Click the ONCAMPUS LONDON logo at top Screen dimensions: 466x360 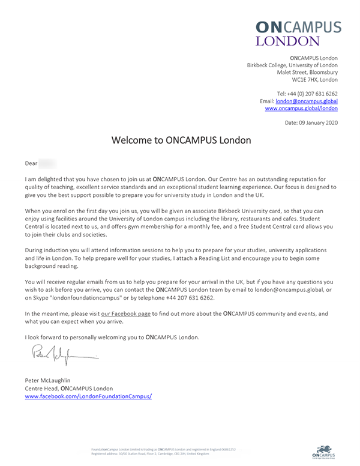298,33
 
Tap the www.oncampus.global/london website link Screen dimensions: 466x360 301,109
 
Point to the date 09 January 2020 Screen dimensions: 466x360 311,123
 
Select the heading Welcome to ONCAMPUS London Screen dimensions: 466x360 181,141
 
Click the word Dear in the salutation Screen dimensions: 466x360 31,163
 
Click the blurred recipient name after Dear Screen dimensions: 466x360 49,163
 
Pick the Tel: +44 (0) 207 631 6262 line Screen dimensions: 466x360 307,94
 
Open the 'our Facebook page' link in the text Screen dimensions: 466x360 126,313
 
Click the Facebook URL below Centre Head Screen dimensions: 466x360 88,396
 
